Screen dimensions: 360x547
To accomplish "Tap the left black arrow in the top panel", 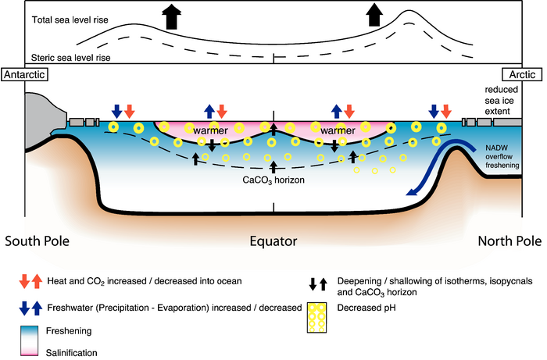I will [x=169, y=15].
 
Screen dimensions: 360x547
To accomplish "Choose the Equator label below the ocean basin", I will [x=273, y=241].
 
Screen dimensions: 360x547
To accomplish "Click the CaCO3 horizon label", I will [x=273, y=179].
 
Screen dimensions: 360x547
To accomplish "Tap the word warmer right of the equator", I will [x=334, y=130].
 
